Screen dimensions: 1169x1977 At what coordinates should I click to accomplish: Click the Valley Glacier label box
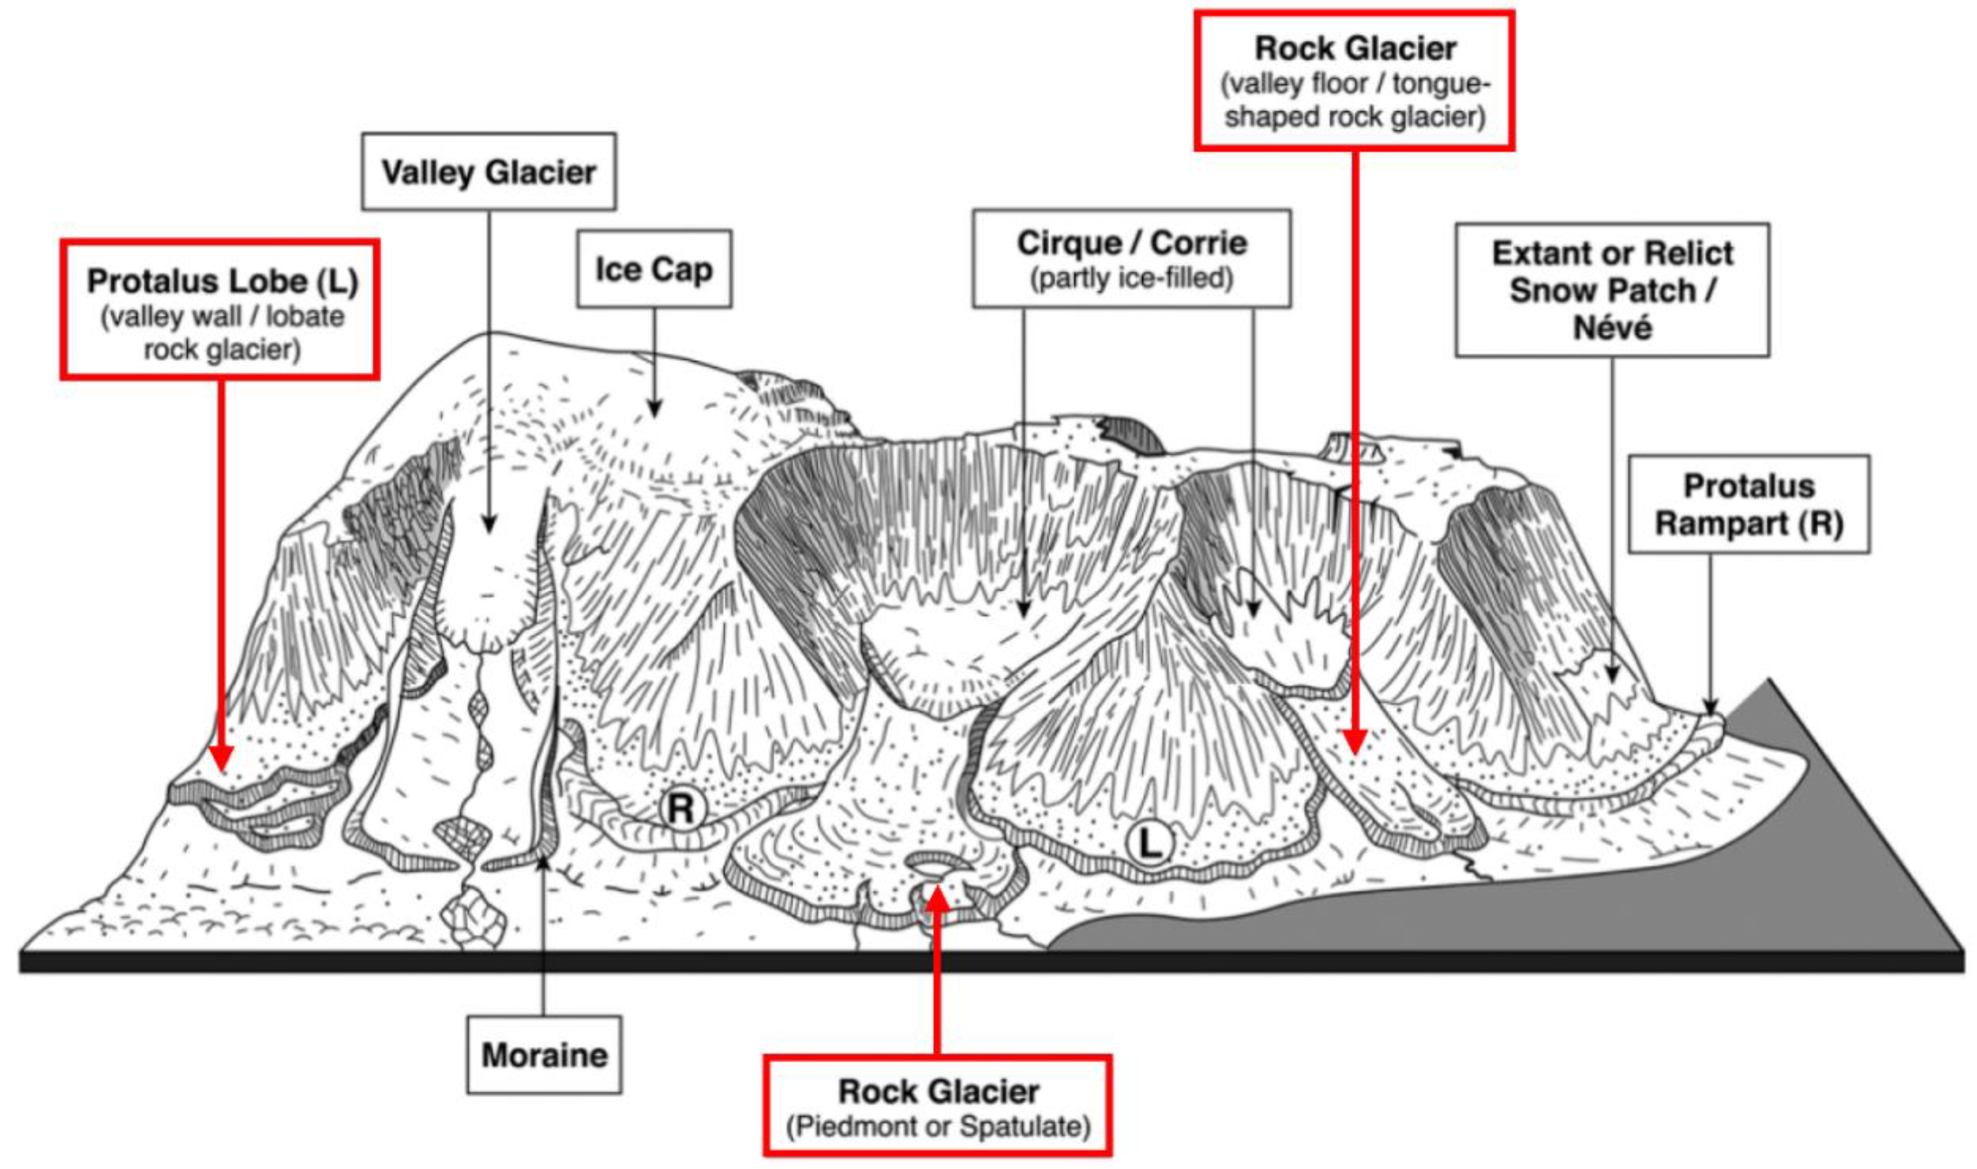click(489, 171)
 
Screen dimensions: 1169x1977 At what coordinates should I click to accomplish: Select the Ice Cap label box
click(653, 269)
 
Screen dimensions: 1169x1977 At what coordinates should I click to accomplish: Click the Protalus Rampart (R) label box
click(1749, 504)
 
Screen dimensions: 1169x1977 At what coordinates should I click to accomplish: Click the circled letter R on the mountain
click(681, 808)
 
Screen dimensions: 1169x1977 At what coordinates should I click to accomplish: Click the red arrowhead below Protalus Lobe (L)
click(221, 759)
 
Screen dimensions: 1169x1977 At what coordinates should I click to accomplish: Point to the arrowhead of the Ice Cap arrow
click(654, 408)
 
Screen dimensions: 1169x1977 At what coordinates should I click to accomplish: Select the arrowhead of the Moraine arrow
click(544, 865)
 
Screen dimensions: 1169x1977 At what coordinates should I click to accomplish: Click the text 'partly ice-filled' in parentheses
click(1131, 279)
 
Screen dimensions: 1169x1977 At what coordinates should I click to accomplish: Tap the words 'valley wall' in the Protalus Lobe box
click(172, 317)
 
